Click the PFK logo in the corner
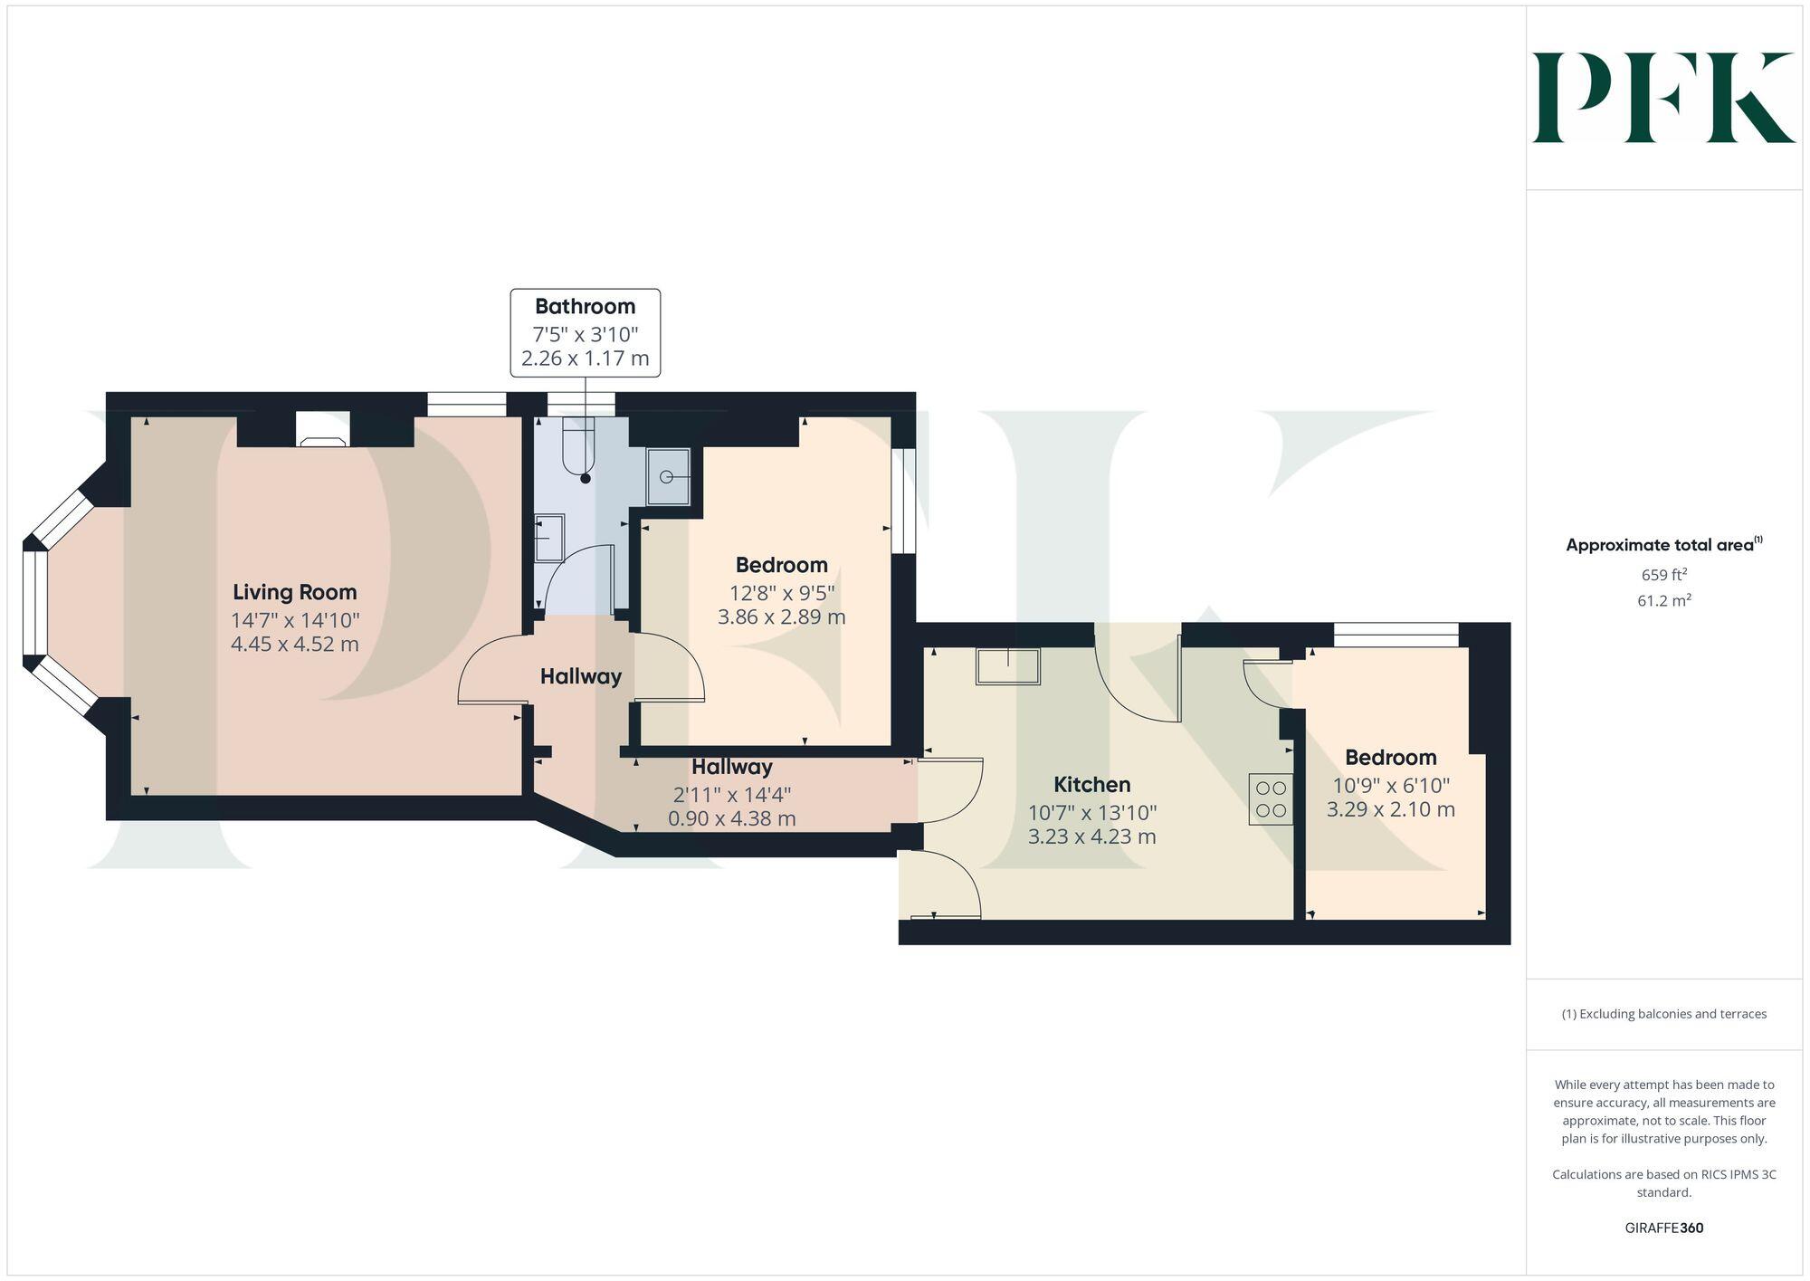click(1663, 98)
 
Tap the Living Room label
click(295, 592)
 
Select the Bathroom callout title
click(585, 306)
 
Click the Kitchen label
click(1091, 784)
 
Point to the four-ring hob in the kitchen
click(1271, 798)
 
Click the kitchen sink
click(1007, 666)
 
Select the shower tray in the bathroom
click(668, 476)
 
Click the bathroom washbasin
click(549, 538)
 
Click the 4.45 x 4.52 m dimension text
click(295, 645)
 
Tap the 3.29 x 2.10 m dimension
click(1390, 809)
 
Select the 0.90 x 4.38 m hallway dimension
click(731, 819)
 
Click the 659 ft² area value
click(1663, 575)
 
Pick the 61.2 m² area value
click(1663, 600)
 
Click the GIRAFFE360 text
click(1663, 1228)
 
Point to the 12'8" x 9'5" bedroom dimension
click(782, 593)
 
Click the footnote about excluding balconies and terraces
click(1663, 1014)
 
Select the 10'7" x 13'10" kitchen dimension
click(1091, 812)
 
